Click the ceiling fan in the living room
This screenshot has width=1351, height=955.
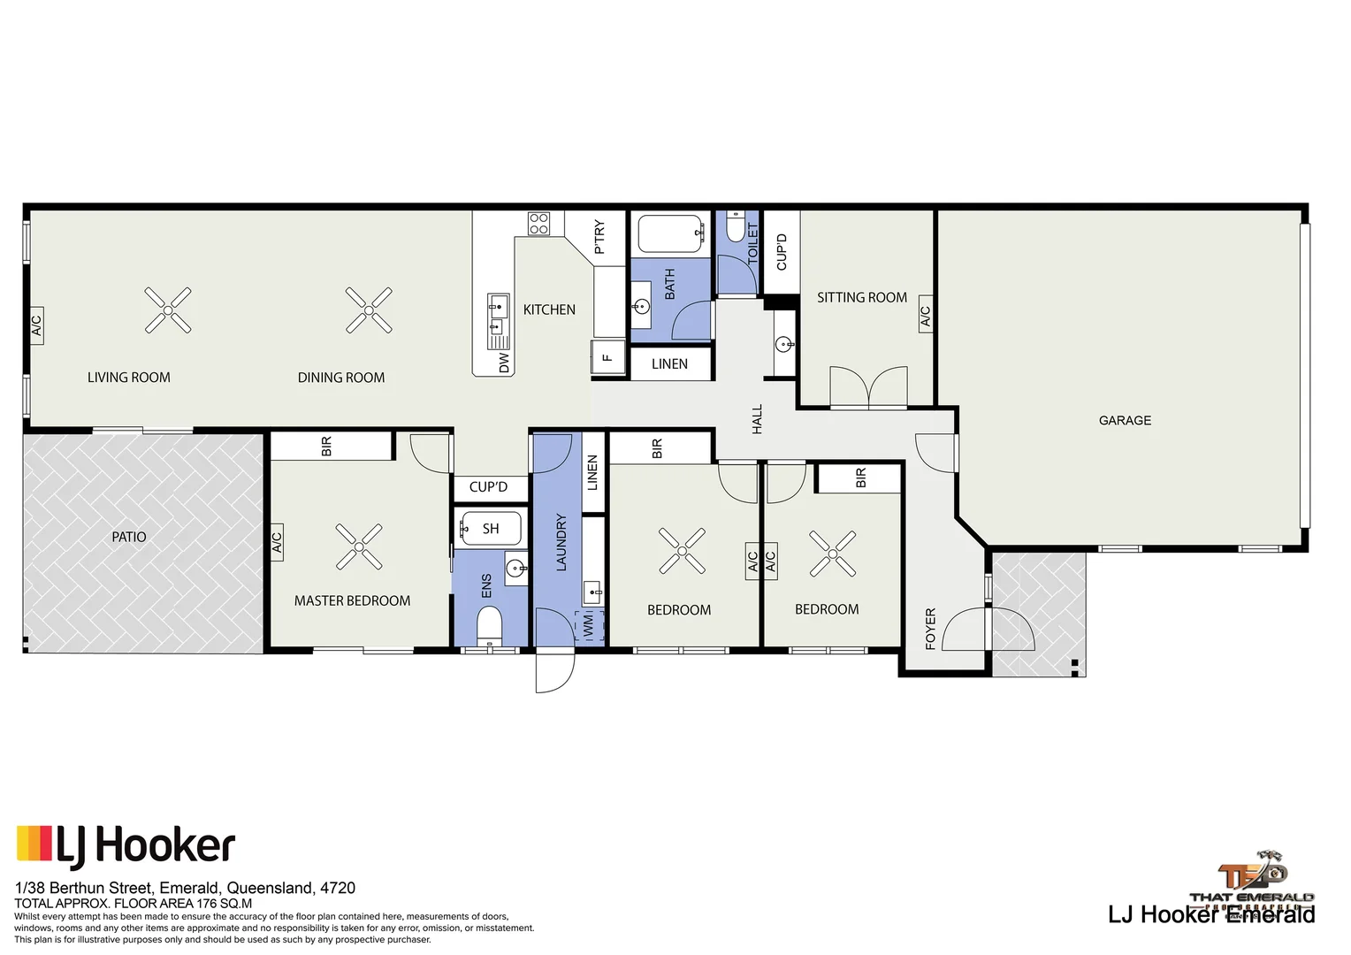click(168, 310)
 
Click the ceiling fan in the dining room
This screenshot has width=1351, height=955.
click(369, 310)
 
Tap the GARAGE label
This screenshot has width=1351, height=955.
click(1125, 421)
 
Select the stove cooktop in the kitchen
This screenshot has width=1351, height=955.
click(539, 224)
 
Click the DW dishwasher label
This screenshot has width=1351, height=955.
click(504, 363)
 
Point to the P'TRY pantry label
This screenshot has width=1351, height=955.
click(599, 237)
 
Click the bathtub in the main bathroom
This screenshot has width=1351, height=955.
click(671, 233)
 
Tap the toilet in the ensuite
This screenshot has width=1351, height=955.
click(489, 628)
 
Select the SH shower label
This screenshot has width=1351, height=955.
click(491, 529)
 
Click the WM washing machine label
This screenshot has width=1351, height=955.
click(589, 626)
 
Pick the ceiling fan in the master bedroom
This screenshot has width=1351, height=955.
click(359, 546)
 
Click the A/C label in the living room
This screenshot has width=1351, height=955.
click(36, 326)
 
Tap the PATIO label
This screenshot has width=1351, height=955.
click(129, 537)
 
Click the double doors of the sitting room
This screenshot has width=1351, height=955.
click(869, 388)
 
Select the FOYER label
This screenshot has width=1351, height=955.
click(930, 629)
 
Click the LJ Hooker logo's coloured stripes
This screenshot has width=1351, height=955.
click(34, 844)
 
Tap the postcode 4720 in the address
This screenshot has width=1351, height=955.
click(338, 888)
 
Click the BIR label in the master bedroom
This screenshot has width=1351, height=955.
click(326, 447)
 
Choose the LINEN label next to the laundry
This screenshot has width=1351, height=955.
click(592, 473)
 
